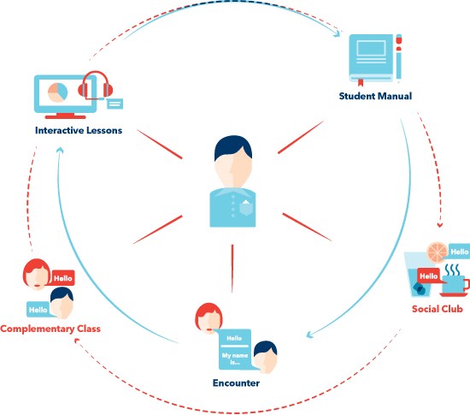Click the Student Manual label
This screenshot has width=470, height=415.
pos(375,96)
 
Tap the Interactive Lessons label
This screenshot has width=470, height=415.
pos(79,130)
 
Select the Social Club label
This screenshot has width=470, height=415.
pos(438,309)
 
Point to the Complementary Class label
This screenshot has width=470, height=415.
pos(50,329)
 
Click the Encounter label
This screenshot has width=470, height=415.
pos(236,382)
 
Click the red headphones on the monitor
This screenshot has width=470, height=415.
pos(96,85)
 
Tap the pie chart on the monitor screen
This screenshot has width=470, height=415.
pos(57,92)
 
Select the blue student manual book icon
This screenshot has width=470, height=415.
pos(371,58)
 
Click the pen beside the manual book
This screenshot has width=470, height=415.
pos(399,58)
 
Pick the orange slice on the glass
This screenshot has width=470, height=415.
pos(438,252)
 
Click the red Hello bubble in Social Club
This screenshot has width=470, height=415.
pos(428,276)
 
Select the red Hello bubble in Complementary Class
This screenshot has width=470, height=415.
pos(62,278)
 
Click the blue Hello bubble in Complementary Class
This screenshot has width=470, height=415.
pos(38,310)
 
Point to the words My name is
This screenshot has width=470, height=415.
pos(235,359)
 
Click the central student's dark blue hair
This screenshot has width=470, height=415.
pos(233,147)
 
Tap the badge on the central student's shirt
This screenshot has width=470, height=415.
pos(246,208)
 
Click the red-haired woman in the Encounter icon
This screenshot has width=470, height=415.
pos(209,318)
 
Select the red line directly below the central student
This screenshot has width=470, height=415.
pos(232,269)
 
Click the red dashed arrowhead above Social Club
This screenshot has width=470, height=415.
pos(440,224)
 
